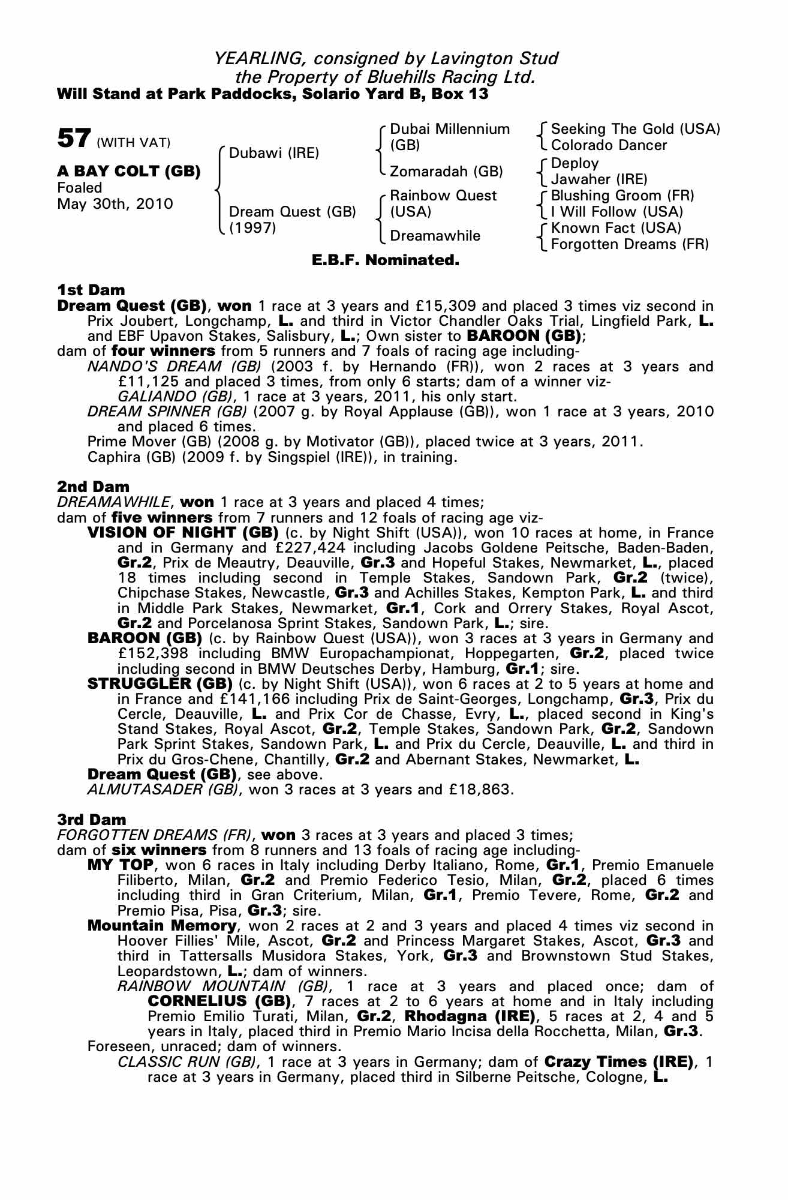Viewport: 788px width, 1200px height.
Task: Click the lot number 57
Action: pyautogui.click(x=74, y=138)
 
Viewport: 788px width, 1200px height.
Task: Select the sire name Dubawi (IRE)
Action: pyautogui.click(x=273, y=152)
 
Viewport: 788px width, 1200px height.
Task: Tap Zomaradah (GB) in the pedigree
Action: pyautogui.click(x=446, y=172)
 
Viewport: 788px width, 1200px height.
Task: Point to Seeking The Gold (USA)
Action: pyautogui.click(x=635, y=129)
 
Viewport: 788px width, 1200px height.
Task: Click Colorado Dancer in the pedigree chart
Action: pyautogui.click(x=609, y=145)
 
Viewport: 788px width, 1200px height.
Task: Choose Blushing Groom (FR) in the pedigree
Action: pyautogui.click(x=622, y=196)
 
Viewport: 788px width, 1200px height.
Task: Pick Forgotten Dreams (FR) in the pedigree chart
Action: pyautogui.click(x=630, y=244)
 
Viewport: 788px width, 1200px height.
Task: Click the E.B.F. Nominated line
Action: pyautogui.click(x=386, y=260)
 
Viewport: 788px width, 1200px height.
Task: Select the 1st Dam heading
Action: pyautogui.click(x=91, y=290)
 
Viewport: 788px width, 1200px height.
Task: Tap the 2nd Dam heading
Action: pyautogui.click(x=93, y=486)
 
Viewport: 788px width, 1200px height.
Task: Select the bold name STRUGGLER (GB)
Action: pyautogui.click(x=160, y=683)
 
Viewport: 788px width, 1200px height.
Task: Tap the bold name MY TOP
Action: pyautogui.click(x=121, y=865)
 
